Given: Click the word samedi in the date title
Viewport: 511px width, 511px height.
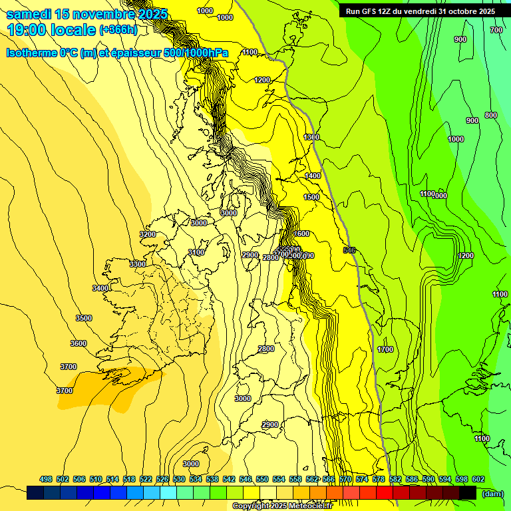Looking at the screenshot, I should pos(29,14).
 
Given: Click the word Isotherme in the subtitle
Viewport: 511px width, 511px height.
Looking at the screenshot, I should pos(33,53).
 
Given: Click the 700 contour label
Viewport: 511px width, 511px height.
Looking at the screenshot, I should pos(496,30).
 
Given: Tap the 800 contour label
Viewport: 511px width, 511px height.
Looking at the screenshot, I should pos(491,116).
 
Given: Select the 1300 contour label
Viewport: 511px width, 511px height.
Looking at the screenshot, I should pos(311,137).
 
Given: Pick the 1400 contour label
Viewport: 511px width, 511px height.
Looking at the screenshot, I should pos(312,176).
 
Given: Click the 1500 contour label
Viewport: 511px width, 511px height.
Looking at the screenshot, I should pos(311,198).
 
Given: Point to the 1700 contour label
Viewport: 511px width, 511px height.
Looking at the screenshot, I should pos(385,349).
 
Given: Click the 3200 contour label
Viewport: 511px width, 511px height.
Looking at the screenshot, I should pos(148,234).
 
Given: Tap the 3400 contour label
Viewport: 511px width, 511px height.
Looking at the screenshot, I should pos(100,288).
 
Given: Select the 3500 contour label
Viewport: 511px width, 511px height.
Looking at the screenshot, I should pos(84,318).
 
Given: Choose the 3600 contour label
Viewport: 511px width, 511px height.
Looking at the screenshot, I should pos(79,343).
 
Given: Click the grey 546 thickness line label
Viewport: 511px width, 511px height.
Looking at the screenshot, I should pos(349,250).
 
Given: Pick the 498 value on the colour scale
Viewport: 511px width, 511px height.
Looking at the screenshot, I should pos(46,479).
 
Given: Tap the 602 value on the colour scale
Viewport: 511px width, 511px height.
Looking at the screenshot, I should pos(478,479).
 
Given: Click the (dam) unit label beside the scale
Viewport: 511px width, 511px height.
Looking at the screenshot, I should pos(492,493).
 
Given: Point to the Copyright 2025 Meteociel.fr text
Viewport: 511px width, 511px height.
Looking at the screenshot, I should pos(282,506).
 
